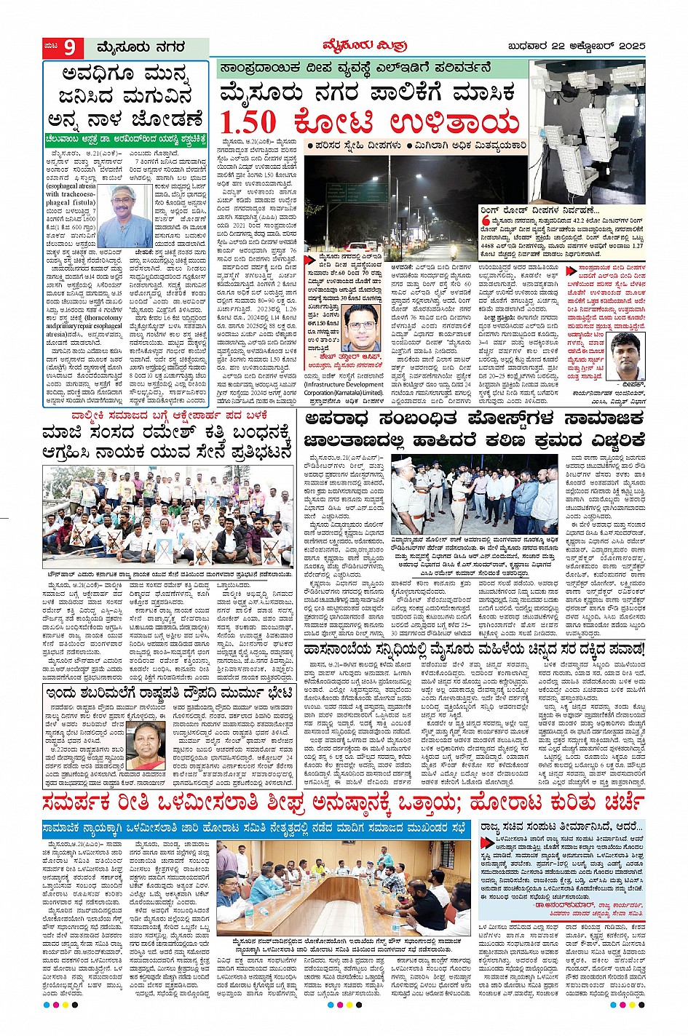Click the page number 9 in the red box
click(70, 47)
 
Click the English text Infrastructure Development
click(344, 384)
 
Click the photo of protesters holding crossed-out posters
click(168, 517)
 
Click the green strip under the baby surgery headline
click(126, 137)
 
